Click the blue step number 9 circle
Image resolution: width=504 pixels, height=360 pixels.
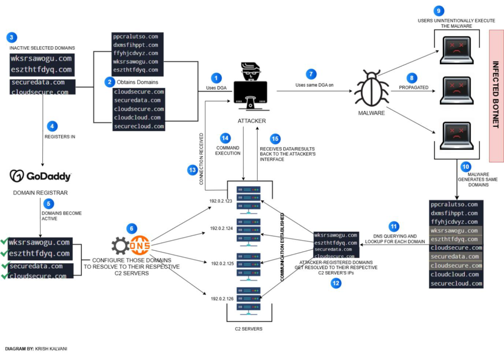(438, 11)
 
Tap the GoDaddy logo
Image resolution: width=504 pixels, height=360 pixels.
(40, 176)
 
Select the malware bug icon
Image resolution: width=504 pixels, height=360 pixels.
(371, 88)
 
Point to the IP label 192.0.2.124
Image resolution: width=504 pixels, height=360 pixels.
(221, 228)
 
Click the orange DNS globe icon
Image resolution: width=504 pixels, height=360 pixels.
(140, 245)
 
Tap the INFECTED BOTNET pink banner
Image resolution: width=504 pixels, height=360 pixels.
(496, 96)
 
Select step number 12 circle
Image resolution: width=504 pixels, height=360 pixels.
(336, 283)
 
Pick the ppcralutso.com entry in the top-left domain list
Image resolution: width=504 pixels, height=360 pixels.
(136, 37)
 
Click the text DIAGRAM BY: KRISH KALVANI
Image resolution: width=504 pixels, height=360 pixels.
(36, 349)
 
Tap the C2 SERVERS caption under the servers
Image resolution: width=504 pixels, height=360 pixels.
(248, 329)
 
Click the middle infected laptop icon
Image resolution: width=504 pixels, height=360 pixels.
(456, 90)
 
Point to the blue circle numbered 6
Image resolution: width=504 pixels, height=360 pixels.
(132, 229)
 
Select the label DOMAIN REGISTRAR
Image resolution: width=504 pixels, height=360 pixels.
(40, 193)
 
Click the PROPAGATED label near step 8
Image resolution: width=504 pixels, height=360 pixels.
(413, 88)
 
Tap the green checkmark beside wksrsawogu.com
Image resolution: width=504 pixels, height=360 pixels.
(4, 242)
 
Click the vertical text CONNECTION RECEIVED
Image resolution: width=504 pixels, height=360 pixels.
(201, 159)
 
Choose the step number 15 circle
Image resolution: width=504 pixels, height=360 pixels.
(275, 139)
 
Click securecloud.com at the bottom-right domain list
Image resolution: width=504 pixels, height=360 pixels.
(456, 284)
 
